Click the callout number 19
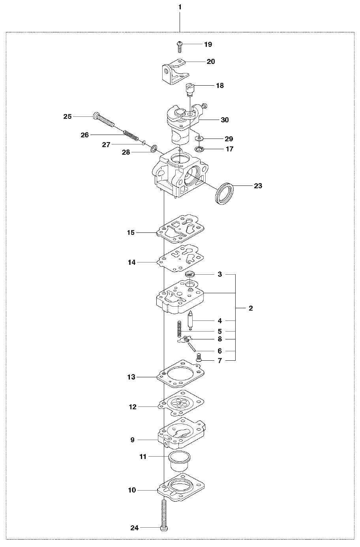(x=208, y=45)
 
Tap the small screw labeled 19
(x=179, y=47)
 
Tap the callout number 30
(x=225, y=120)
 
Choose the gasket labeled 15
(x=180, y=229)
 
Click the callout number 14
(x=131, y=262)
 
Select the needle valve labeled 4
(x=191, y=320)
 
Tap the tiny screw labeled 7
(x=199, y=358)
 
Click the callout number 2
(x=251, y=308)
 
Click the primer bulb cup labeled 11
(x=180, y=463)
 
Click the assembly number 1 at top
(x=180, y=7)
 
